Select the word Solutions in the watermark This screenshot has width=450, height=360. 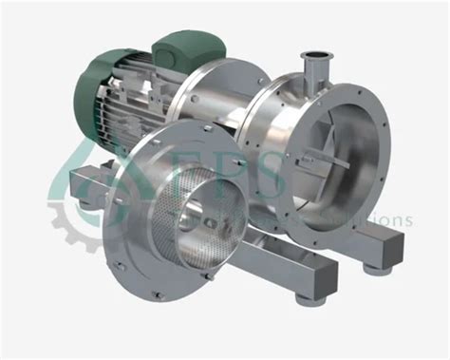375,219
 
